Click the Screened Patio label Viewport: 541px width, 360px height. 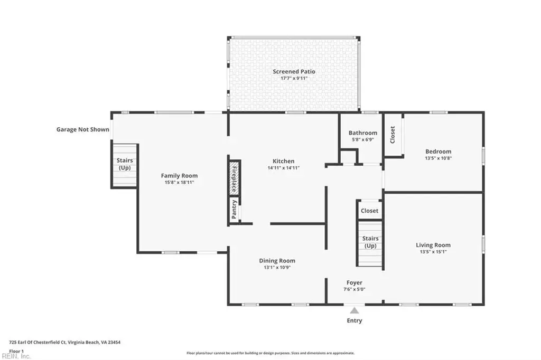pyautogui.click(x=294, y=71)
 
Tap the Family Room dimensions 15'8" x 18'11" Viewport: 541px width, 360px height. pyautogui.click(x=179, y=183)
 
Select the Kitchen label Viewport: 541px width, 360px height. pyautogui.click(x=284, y=161)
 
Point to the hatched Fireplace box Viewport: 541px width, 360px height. pyautogui.click(x=234, y=177)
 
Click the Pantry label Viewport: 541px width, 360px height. pyautogui.click(x=234, y=210)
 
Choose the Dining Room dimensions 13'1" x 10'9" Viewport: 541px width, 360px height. pyautogui.click(x=277, y=267)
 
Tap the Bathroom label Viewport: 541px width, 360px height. pyautogui.click(x=362, y=133)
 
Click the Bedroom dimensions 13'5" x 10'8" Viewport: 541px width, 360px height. pyautogui.click(x=438, y=158)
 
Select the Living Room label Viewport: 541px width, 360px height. pyautogui.click(x=433, y=245)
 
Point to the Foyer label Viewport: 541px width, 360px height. pyautogui.click(x=355, y=283)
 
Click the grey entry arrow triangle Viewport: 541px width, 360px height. pyautogui.click(x=355, y=311)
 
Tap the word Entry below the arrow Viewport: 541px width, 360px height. pyautogui.click(x=355, y=321)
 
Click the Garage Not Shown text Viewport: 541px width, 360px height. pyautogui.click(x=83, y=130)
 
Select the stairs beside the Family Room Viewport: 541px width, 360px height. pyautogui.click(x=125, y=166)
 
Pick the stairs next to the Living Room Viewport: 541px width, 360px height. pyautogui.click(x=370, y=243)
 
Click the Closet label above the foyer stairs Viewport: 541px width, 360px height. pyautogui.click(x=369, y=211)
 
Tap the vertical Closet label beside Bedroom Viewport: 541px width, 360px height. pyautogui.click(x=393, y=135)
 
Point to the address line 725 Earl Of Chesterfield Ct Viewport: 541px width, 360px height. pyautogui.click(x=65, y=343)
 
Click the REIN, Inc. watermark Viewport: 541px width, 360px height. pyautogui.click(x=16, y=356)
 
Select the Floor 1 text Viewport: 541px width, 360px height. pyautogui.click(x=16, y=352)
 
